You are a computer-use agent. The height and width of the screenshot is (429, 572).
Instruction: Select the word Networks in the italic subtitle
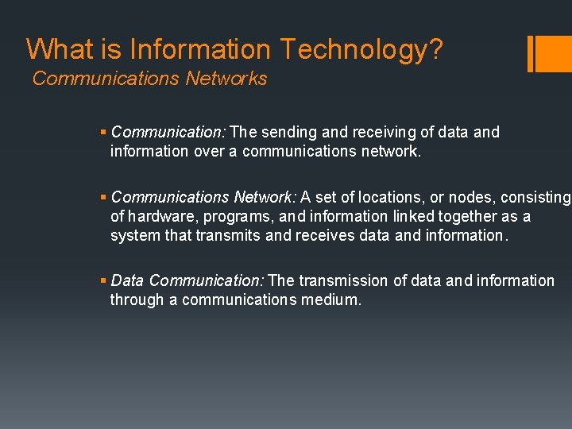(x=226, y=79)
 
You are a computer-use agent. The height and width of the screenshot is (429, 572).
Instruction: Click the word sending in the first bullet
(x=289, y=133)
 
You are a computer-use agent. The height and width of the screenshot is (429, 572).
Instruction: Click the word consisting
(x=536, y=198)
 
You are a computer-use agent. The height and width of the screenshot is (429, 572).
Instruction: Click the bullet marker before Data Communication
(x=104, y=281)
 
